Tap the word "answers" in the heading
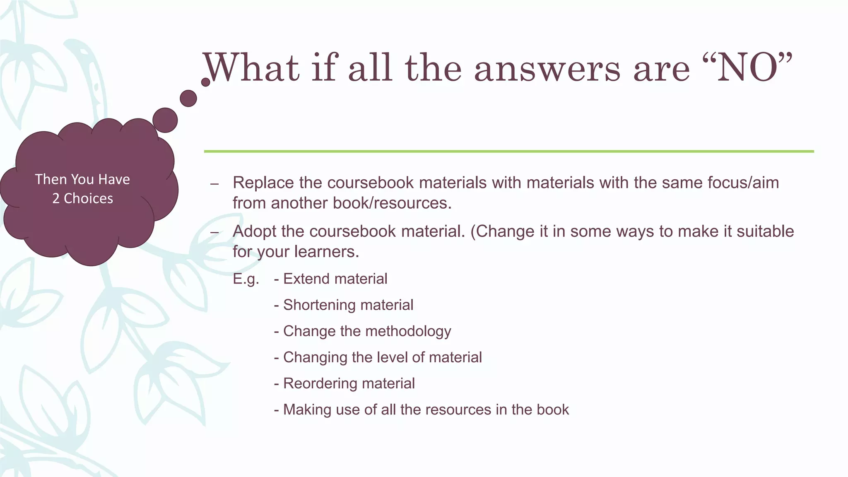click(x=547, y=68)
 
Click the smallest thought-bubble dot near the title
click(x=205, y=82)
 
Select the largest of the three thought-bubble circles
click(x=165, y=120)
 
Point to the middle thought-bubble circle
click(x=188, y=99)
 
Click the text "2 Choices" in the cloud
click(x=82, y=199)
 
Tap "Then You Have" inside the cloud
click(x=82, y=179)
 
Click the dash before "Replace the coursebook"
click(x=214, y=184)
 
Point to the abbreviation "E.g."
click(x=246, y=279)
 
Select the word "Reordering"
click(x=314, y=383)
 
